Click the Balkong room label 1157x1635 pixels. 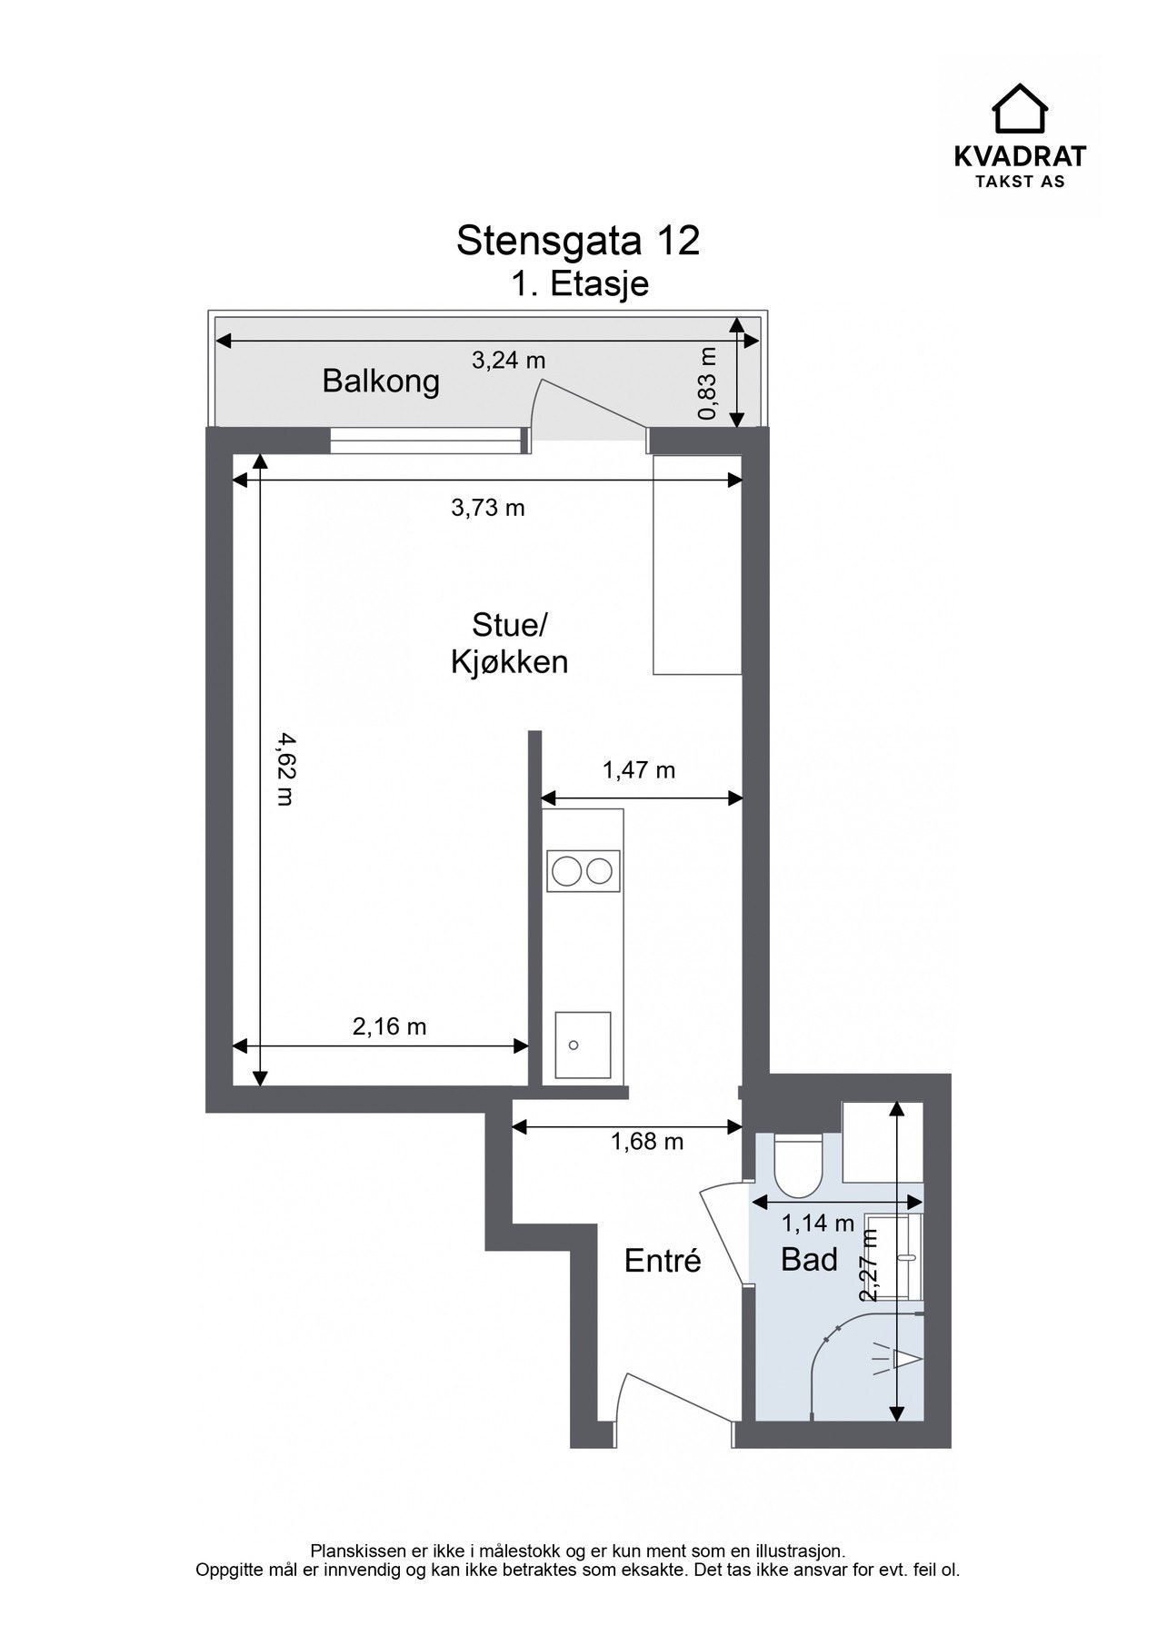(x=381, y=381)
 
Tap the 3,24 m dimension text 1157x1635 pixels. (x=508, y=361)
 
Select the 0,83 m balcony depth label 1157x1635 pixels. (x=708, y=383)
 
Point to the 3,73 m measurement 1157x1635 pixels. (x=488, y=508)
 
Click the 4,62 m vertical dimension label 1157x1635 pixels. (x=285, y=768)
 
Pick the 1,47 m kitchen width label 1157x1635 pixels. (x=639, y=771)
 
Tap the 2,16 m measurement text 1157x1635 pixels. (x=389, y=1027)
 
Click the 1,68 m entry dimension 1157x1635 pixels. (x=646, y=1142)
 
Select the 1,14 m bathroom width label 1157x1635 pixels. (x=818, y=1224)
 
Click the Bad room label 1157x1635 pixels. (x=809, y=1260)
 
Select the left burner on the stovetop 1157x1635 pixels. (x=566, y=872)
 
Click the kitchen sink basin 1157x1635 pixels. (x=583, y=1045)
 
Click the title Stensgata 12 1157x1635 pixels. (x=578, y=241)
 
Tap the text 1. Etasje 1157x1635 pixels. (x=579, y=284)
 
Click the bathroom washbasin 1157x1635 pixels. (x=894, y=1258)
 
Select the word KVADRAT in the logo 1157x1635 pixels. (x=1019, y=156)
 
